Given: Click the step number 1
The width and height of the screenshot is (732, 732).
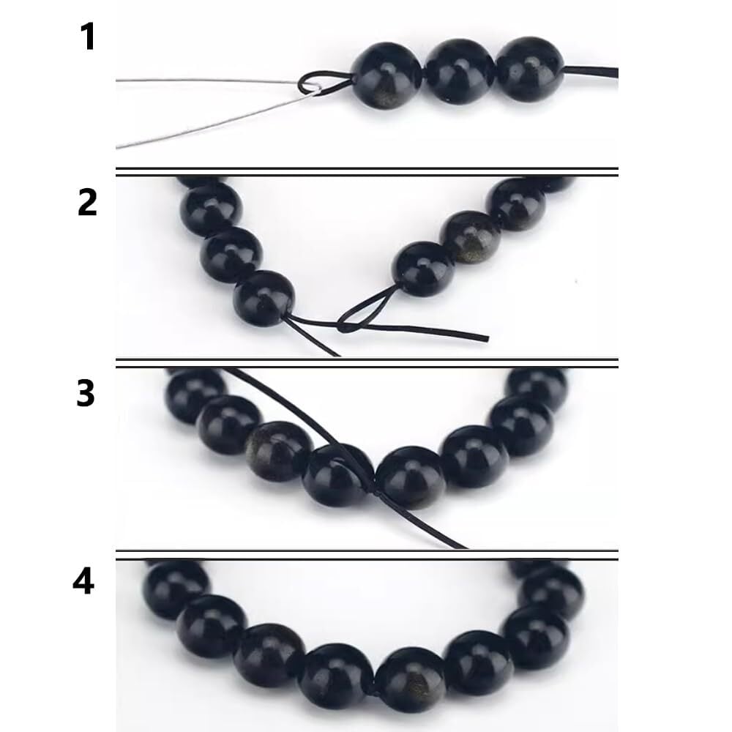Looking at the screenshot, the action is point(88,37).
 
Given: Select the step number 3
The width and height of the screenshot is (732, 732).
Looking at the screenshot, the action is point(86,394).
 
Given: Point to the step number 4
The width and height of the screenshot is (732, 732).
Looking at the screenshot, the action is point(83,582).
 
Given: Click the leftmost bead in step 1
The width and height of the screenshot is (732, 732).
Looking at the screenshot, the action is point(386,77).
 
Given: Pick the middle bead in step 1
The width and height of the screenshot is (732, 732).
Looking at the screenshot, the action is point(459,72).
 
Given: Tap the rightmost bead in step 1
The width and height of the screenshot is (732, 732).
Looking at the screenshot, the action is point(530,69).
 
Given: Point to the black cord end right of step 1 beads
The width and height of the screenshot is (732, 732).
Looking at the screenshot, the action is point(591,72).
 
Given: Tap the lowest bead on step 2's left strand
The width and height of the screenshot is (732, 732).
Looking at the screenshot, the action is point(264,299).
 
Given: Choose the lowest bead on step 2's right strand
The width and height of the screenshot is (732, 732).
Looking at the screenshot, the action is point(423,269).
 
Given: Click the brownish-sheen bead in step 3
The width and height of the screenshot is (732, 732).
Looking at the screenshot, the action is point(278,451).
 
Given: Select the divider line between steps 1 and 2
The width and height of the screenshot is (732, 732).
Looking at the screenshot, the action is point(367,172).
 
